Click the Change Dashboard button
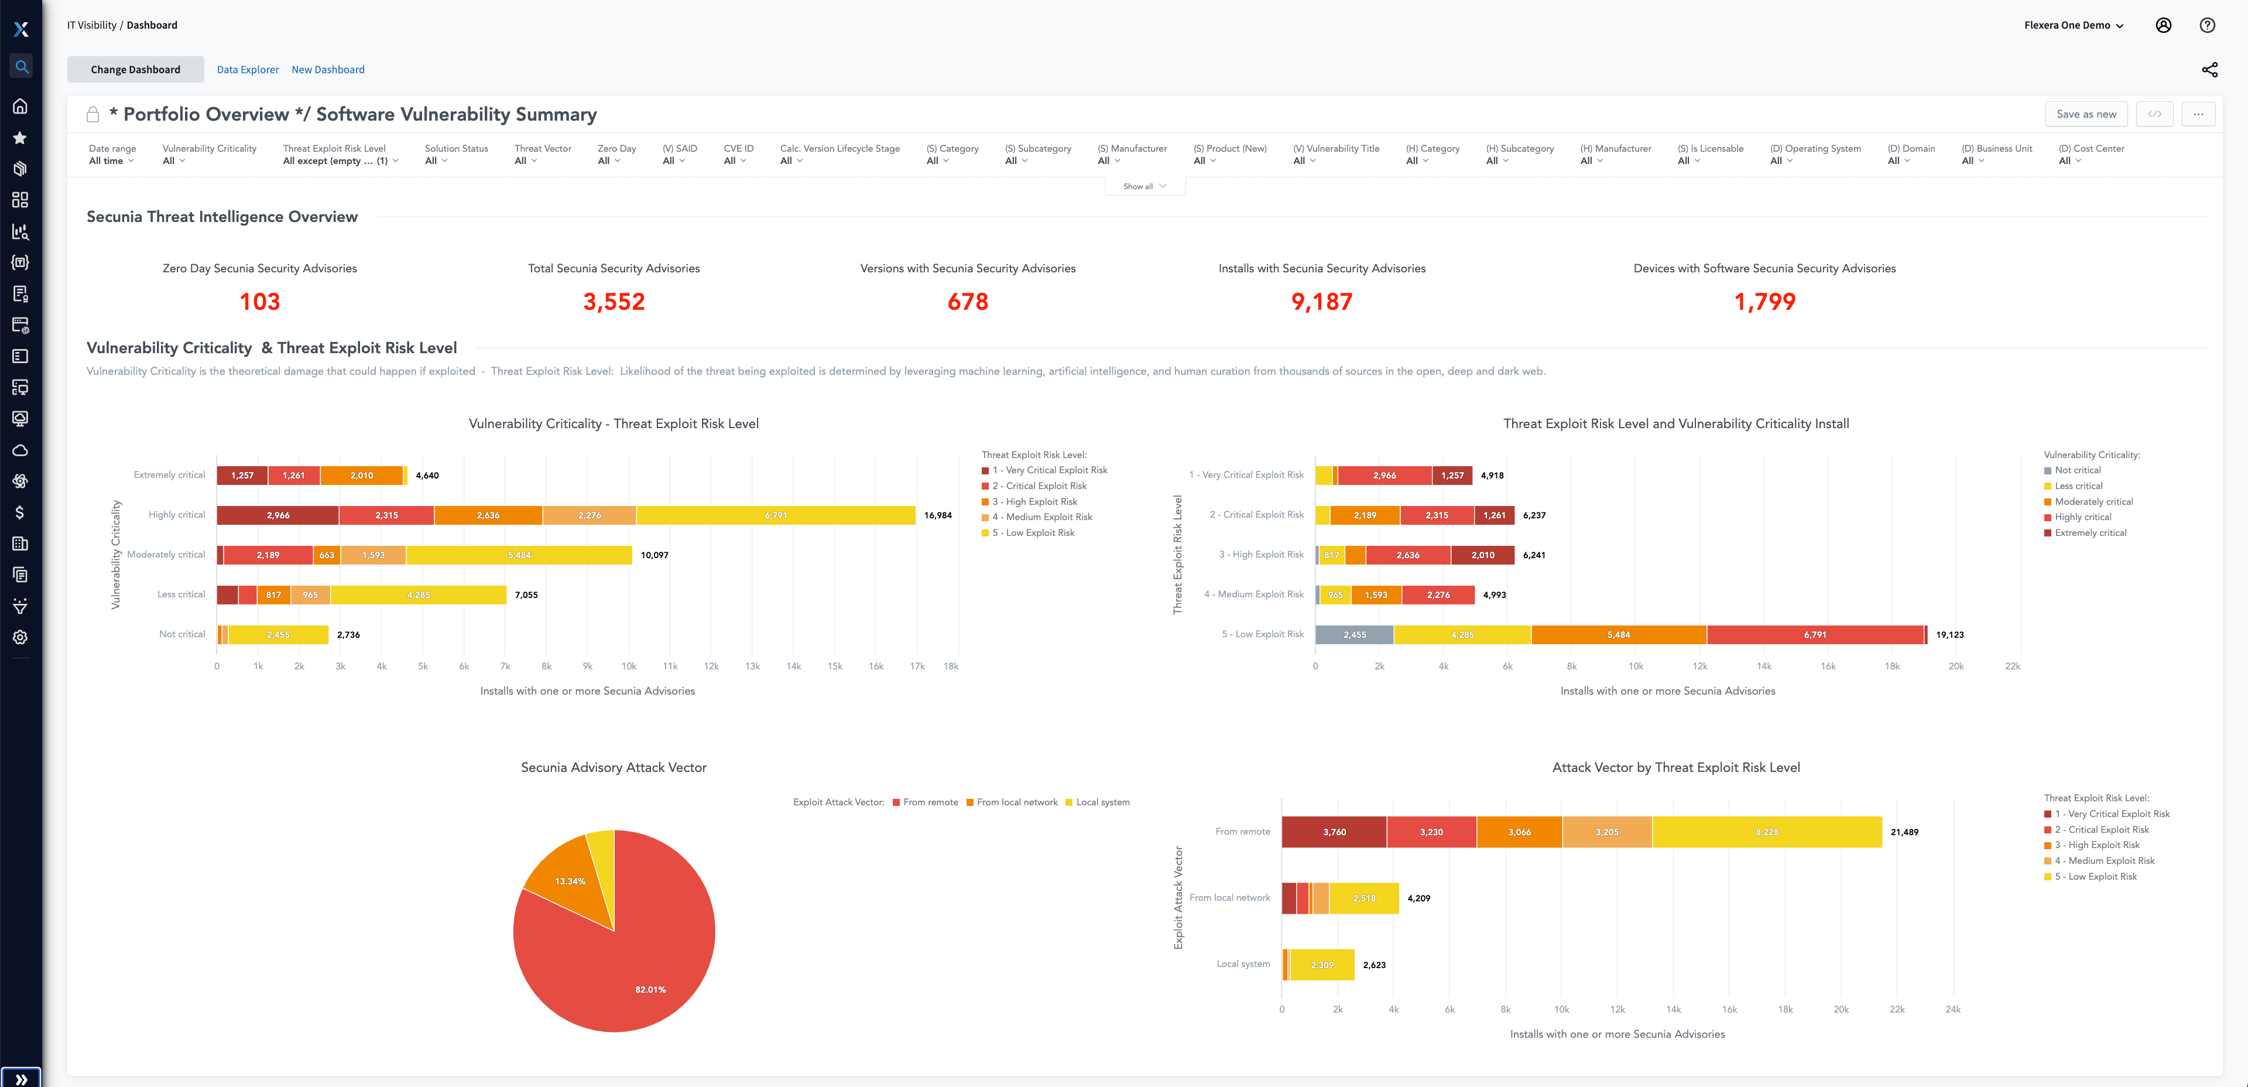pos(135,70)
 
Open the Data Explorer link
pos(248,70)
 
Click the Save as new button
pos(2086,114)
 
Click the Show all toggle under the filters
pos(1144,186)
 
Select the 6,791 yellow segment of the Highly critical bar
pos(775,515)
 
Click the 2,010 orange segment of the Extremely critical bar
pos(361,476)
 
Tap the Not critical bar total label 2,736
pos(348,635)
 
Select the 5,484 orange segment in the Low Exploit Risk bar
pos(1618,635)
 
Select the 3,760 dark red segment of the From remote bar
pos(1334,832)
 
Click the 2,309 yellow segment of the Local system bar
pos(1321,965)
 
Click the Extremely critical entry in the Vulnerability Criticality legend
pos(2089,532)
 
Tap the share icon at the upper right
pos(2209,70)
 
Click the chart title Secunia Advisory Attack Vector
pos(614,767)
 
